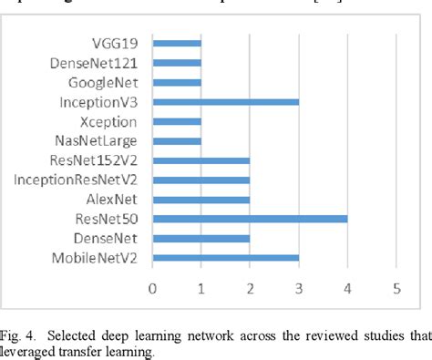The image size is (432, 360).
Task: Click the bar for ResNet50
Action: click(x=250, y=219)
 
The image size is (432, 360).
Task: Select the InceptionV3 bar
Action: click(x=225, y=101)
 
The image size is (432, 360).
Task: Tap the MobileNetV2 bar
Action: click(x=225, y=258)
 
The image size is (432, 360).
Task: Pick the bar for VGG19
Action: click(x=177, y=43)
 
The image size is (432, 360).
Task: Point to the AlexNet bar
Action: click(x=201, y=199)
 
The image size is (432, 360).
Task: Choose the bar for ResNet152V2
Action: click(x=201, y=160)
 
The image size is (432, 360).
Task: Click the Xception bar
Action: click(x=177, y=121)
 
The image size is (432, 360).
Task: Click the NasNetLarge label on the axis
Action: click(x=96, y=140)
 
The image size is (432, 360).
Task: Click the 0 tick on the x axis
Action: click(x=153, y=290)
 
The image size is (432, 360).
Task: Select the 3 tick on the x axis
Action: click(x=299, y=290)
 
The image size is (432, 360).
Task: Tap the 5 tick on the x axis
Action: click(x=396, y=290)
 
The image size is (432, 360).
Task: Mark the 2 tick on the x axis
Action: click(x=250, y=290)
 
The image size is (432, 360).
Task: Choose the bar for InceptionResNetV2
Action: click(x=201, y=180)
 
